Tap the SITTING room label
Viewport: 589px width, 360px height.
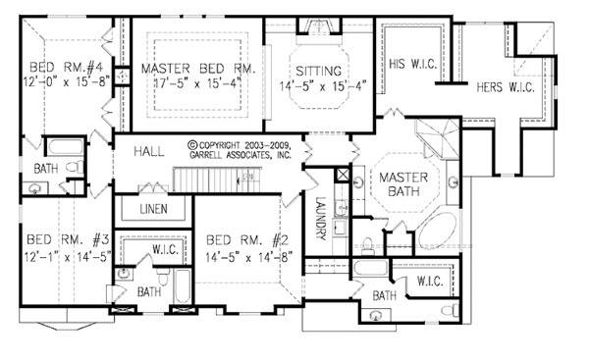click(323, 71)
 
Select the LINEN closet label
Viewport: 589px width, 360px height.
click(152, 210)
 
